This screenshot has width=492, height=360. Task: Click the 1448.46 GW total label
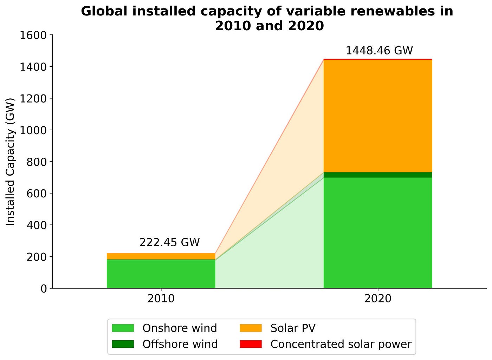[x=379, y=51]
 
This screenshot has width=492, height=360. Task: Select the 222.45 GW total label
[x=169, y=242]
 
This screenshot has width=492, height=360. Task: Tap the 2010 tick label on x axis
[x=161, y=299]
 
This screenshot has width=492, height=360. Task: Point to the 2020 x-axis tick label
[x=378, y=299]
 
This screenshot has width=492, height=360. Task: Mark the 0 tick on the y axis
[x=44, y=288]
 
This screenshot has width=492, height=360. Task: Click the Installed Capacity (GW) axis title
[x=11, y=162]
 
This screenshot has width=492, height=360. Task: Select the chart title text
[x=267, y=19]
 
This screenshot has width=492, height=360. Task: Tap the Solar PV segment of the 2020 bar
[x=378, y=116]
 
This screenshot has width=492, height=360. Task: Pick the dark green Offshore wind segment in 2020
[x=378, y=175]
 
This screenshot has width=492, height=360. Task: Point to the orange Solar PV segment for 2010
[x=161, y=256]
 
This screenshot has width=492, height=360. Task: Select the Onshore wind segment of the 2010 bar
[x=161, y=274]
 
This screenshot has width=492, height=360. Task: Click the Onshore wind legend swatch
[x=123, y=328]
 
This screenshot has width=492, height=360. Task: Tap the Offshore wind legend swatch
[x=123, y=344]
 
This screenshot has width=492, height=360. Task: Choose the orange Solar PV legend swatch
[x=251, y=328]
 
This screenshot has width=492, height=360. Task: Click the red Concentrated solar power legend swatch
[x=251, y=344]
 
